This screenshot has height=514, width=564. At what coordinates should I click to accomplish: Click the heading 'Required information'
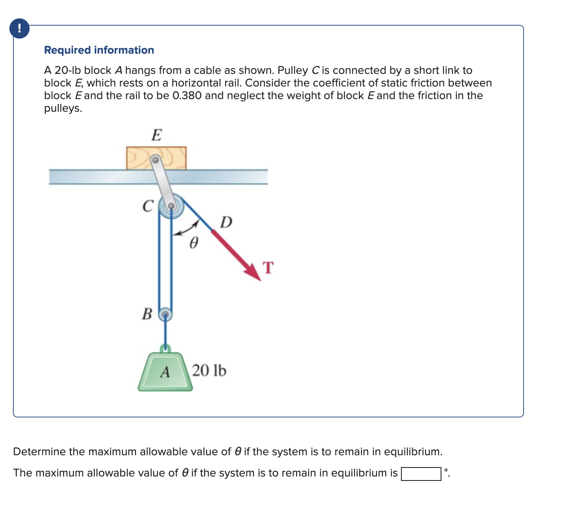(99, 50)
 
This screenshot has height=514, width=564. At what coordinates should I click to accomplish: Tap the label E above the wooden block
(157, 135)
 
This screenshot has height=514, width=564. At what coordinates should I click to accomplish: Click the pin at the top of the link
(155, 159)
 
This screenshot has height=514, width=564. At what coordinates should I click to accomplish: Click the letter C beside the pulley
(148, 206)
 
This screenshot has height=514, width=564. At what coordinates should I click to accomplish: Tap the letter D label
(226, 222)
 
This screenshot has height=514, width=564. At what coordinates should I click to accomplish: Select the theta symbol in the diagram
(194, 243)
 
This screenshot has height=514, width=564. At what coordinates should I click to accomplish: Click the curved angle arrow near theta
(186, 229)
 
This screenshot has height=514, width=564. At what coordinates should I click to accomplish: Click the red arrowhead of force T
(254, 273)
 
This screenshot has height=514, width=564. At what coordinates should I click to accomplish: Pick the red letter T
(268, 268)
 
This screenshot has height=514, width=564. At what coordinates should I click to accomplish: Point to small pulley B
(165, 314)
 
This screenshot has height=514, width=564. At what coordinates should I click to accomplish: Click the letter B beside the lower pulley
(147, 314)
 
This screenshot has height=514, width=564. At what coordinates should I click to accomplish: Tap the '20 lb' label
(209, 371)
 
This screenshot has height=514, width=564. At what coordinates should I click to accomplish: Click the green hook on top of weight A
(165, 348)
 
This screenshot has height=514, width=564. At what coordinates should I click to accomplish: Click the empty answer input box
(421, 474)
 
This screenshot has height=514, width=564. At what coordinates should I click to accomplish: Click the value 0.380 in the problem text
(187, 96)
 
